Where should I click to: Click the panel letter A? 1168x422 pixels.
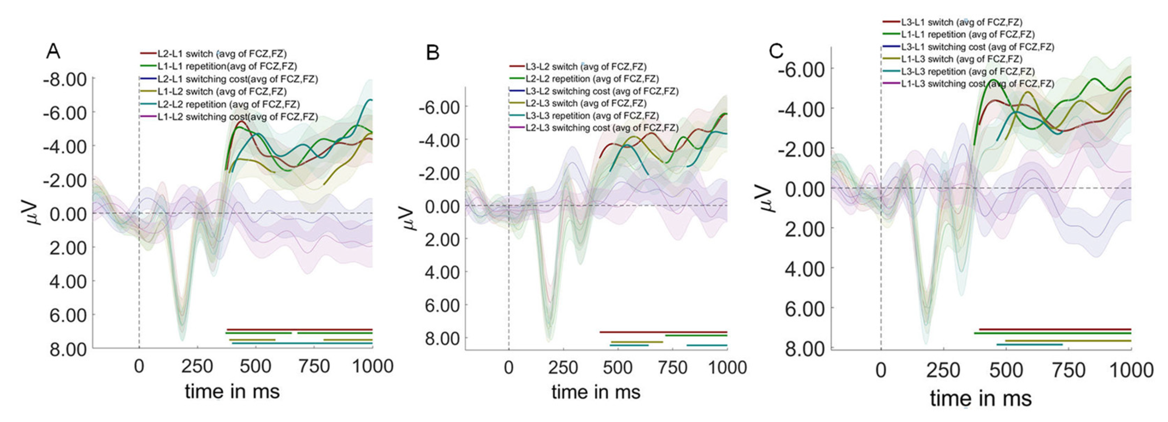[x=53, y=52]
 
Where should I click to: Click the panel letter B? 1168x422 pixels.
[x=433, y=53]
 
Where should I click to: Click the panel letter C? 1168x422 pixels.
[x=776, y=51]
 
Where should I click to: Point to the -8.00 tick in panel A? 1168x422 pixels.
[x=65, y=79]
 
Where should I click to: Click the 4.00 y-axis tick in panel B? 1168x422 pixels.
[x=442, y=272]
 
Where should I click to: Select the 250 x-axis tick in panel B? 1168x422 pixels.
[x=563, y=367]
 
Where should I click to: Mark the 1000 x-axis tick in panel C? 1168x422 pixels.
[x=1131, y=370]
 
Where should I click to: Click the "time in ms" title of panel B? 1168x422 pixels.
[x=595, y=392]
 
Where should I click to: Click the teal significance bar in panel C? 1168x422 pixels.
[x=1029, y=344]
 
